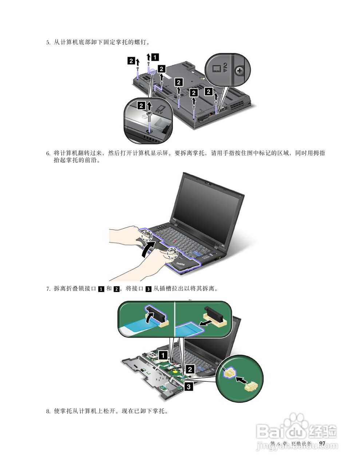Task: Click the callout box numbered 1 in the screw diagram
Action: tap(155, 58)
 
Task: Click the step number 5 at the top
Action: tap(48, 42)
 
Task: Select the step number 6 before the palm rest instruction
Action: tap(48, 153)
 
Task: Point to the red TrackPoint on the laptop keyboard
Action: tap(175, 241)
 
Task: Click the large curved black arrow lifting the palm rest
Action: tap(148, 248)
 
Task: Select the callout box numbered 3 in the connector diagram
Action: tap(189, 386)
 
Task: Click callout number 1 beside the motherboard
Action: tap(163, 355)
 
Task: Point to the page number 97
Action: tap(322, 443)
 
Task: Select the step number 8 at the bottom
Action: tap(48, 411)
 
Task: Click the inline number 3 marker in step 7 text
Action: tap(149, 289)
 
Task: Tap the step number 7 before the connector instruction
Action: tap(48, 289)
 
